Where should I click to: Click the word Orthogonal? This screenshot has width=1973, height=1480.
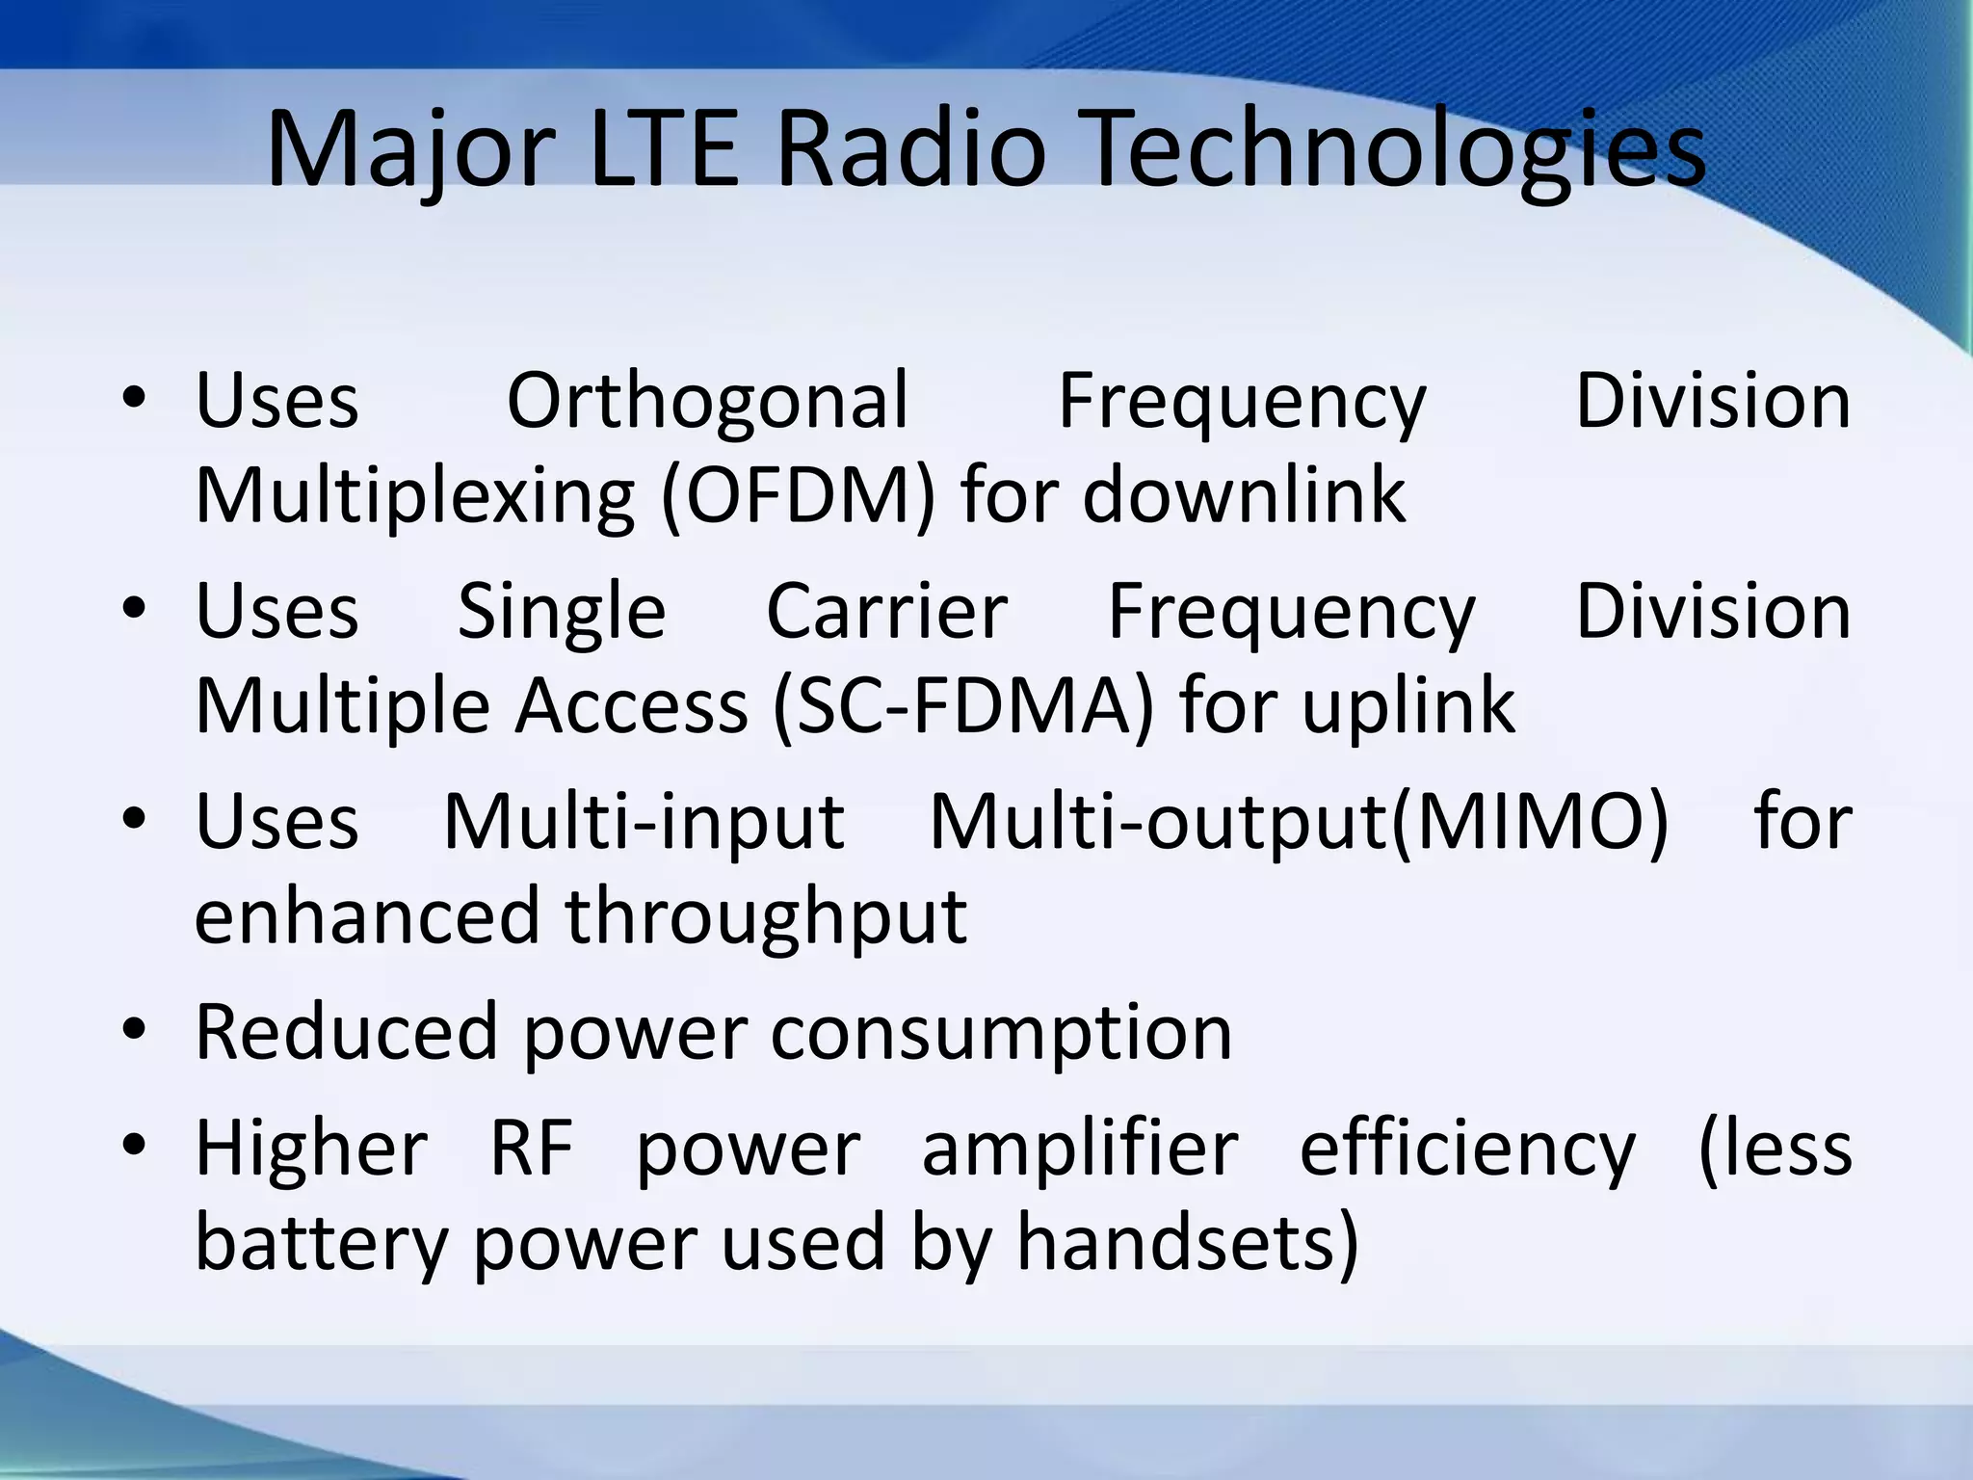[x=708, y=402]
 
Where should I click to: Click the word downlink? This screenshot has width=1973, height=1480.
[x=1244, y=494]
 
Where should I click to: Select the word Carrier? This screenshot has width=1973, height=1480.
[x=887, y=611]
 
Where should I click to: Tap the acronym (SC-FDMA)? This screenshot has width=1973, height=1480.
[x=963, y=706]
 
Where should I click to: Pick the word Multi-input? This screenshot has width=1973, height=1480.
[x=644, y=823]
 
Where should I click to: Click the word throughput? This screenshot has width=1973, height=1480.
[x=766, y=917]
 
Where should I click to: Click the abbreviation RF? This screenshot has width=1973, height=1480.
[x=532, y=1149]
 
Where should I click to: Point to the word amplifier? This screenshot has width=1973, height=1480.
[x=1080, y=1149]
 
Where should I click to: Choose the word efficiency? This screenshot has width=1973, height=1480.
[x=1467, y=1150]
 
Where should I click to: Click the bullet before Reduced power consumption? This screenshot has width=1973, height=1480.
[x=135, y=1029]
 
